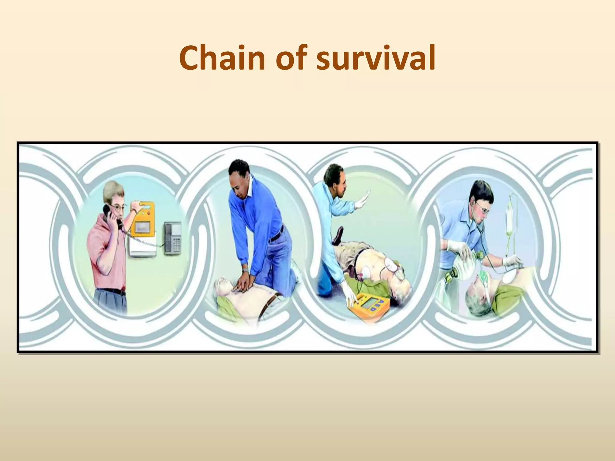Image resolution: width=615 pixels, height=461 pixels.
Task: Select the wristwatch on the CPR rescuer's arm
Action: pos(245,271)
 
